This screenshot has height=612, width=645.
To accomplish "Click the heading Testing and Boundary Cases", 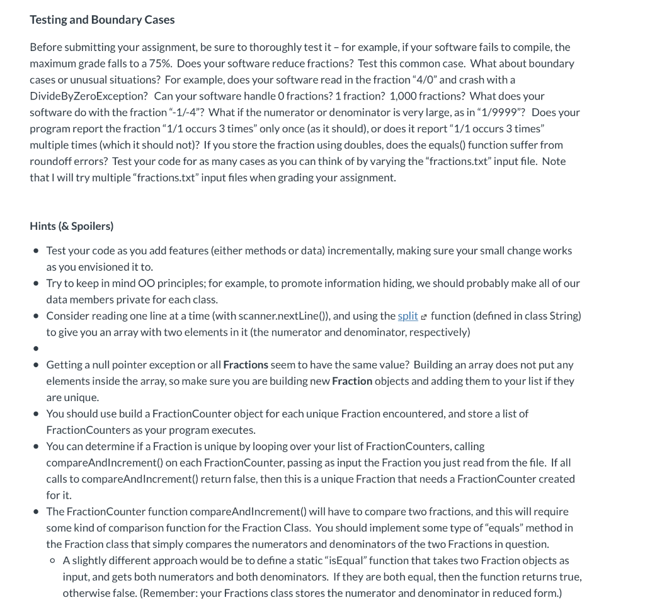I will tap(102, 20).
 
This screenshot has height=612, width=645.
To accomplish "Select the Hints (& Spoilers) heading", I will tap(71, 226).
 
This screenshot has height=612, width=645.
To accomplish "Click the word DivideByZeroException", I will tap(88, 96).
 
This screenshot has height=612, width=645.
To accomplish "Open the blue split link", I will tap(408, 316).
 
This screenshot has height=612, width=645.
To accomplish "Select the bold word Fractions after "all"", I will tap(246, 365).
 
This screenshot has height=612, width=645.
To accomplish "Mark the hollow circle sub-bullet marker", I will tap(53, 560).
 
